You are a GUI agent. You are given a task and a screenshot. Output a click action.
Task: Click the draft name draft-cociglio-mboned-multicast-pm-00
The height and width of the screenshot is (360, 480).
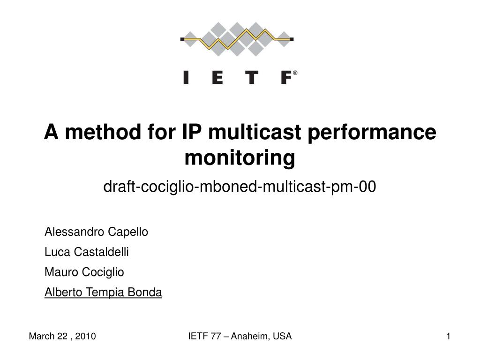tap(240, 187)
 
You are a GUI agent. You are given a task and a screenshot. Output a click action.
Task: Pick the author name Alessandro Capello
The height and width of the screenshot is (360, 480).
tap(96, 232)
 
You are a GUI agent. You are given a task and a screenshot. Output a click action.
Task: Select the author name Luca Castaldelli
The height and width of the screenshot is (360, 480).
tap(87, 252)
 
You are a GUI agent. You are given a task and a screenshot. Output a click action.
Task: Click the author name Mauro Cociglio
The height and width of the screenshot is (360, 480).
tap(84, 272)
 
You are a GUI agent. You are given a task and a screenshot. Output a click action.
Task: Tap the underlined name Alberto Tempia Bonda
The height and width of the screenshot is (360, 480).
tap(103, 292)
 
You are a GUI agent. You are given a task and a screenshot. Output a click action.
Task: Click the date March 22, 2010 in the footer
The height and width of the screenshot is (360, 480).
tap(62, 336)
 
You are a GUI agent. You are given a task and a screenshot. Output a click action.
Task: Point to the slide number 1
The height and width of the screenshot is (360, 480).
tap(449, 336)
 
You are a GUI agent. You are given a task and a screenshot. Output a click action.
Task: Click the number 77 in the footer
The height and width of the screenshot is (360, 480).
tap(216, 336)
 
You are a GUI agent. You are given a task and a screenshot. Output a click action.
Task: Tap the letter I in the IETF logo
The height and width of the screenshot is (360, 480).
tap(186, 77)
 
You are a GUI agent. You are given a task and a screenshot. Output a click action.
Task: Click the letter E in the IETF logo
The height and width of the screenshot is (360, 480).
tap(217, 77)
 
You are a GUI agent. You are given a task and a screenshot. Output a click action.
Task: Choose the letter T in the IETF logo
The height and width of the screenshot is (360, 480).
tap(252, 77)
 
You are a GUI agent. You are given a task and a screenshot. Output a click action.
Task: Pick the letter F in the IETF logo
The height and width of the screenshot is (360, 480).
tap(286, 77)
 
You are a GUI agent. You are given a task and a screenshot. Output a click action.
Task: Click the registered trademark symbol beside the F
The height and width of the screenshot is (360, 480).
tap(295, 73)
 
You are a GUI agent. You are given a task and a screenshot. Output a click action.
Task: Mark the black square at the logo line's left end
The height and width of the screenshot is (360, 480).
tap(182, 39)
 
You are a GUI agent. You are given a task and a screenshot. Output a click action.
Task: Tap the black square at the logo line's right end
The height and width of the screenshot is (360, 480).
tap(292, 39)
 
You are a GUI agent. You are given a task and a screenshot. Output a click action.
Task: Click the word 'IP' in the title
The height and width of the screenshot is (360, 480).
tap(192, 132)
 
